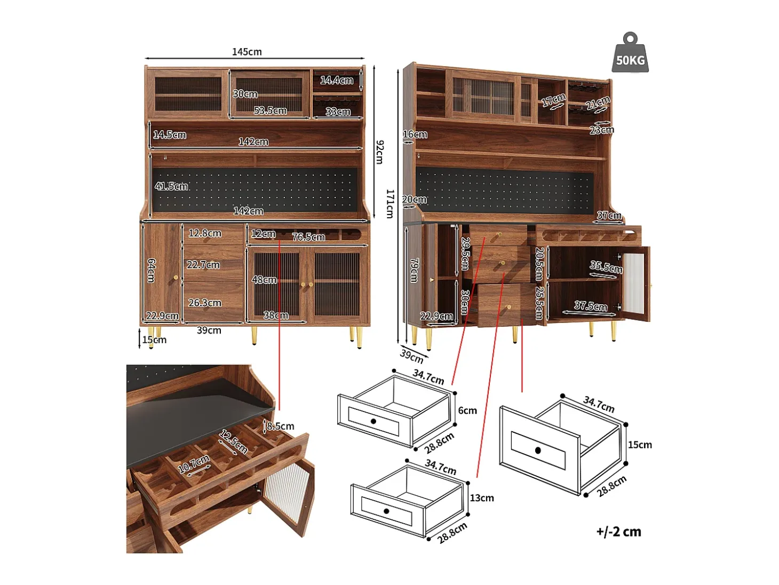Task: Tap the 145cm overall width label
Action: click(247, 52)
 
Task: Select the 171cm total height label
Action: click(390, 204)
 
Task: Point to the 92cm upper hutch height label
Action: click(379, 152)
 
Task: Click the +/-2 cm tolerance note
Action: click(618, 532)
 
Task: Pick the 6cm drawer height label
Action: click(467, 410)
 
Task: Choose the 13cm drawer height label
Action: click(482, 498)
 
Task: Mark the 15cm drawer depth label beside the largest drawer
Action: click(640, 445)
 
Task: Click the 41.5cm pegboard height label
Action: click(171, 186)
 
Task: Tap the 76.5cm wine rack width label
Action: click(308, 237)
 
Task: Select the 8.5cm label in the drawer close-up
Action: click(280, 426)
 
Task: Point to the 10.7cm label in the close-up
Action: click(194, 464)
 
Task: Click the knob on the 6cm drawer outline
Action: click(373, 421)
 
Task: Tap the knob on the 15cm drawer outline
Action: click(538, 450)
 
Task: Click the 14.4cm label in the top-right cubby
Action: click(337, 81)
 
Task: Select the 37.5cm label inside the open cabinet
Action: click(591, 306)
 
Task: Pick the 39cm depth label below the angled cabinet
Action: click(412, 357)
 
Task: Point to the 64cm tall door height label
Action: click(152, 271)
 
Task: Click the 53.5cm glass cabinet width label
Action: click(270, 110)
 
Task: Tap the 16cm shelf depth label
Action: click(415, 135)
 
